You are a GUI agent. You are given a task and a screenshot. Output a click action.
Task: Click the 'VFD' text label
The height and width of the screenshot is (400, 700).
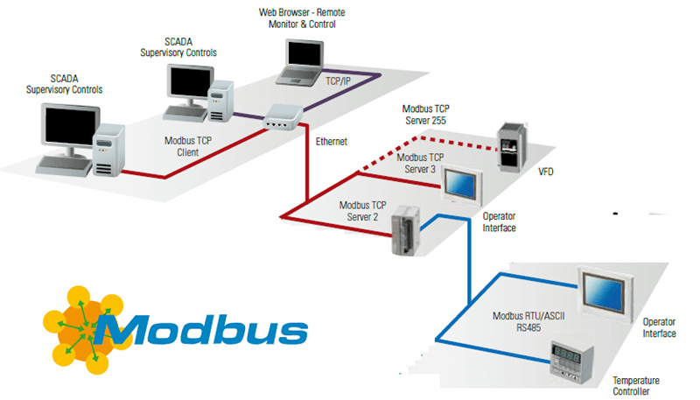point(545,171)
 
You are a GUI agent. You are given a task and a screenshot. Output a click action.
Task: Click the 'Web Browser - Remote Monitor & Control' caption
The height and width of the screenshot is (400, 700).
point(297,18)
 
